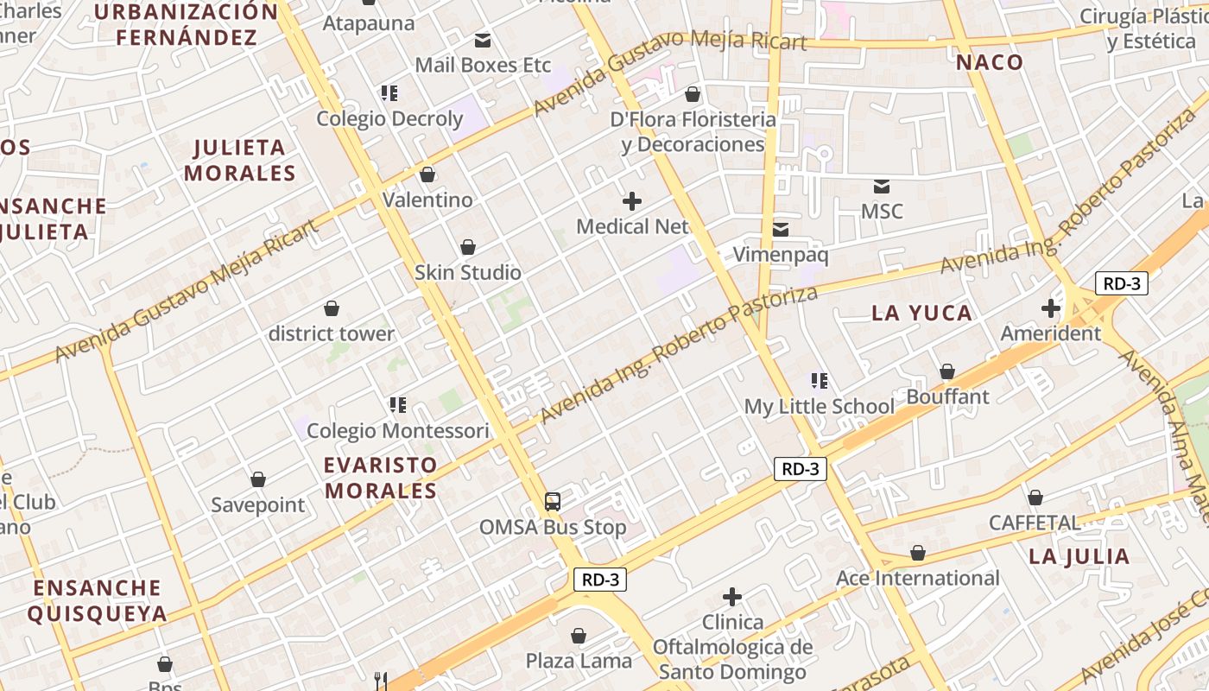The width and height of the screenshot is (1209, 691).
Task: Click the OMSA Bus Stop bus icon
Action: coord(553,501)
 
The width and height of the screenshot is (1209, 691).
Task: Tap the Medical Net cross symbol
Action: coord(632,201)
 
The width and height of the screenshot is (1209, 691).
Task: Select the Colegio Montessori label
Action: coord(398,430)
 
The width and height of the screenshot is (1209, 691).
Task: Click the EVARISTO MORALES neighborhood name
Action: coord(381,478)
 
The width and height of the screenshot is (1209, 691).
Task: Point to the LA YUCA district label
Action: coord(921,313)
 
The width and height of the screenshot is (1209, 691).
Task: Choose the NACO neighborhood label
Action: coord(990,62)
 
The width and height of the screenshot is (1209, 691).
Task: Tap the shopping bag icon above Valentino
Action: coord(427,174)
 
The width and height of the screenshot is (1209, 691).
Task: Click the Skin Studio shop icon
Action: coord(468,247)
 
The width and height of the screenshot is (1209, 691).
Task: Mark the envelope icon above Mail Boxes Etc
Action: coord(483,40)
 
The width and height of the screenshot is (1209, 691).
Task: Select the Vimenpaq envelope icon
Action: coord(781,229)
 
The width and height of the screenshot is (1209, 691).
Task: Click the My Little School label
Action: coord(820,406)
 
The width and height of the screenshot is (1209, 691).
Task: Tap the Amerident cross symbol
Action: coord(1051,307)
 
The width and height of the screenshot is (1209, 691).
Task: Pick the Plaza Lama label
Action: coord(579,661)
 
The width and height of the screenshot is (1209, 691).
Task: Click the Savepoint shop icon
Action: coord(258,479)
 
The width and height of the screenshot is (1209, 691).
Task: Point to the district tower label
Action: coord(332,333)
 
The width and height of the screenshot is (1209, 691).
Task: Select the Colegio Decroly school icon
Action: coord(389,92)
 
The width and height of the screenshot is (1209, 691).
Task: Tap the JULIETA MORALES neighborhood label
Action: coord(239,160)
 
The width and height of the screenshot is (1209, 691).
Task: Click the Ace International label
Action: coord(918,578)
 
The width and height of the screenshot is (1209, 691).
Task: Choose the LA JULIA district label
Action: coord(1079,556)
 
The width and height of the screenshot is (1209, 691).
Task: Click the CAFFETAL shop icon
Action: coord(1035,498)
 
